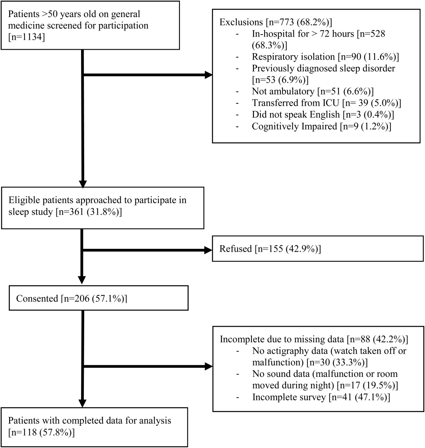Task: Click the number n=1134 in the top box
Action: [x=27, y=37]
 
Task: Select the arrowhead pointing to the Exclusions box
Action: [x=209, y=75]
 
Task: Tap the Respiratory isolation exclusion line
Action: [x=325, y=57]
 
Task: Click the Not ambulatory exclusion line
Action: [x=313, y=91]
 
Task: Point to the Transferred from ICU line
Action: [x=326, y=103]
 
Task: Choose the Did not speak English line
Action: [x=323, y=114]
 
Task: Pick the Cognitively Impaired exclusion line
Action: [x=321, y=126]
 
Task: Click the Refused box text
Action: [x=270, y=249]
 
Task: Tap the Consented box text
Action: [x=71, y=299]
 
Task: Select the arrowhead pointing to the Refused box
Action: [x=209, y=250]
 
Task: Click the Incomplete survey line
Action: [x=321, y=397]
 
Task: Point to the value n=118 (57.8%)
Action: [x=41, y=432]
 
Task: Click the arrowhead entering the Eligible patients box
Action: [x=83, y=184]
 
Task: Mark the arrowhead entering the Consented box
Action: [x=82, y=280]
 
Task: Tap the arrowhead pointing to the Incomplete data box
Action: [x=209, y=366]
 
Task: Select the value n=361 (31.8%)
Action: [x=89, y=212]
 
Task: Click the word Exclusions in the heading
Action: [x=241, y=22]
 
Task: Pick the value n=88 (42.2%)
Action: [x=378, y=339]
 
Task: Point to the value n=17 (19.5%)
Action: [x=367, y=386]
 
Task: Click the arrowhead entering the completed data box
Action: [x=82, y=403]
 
